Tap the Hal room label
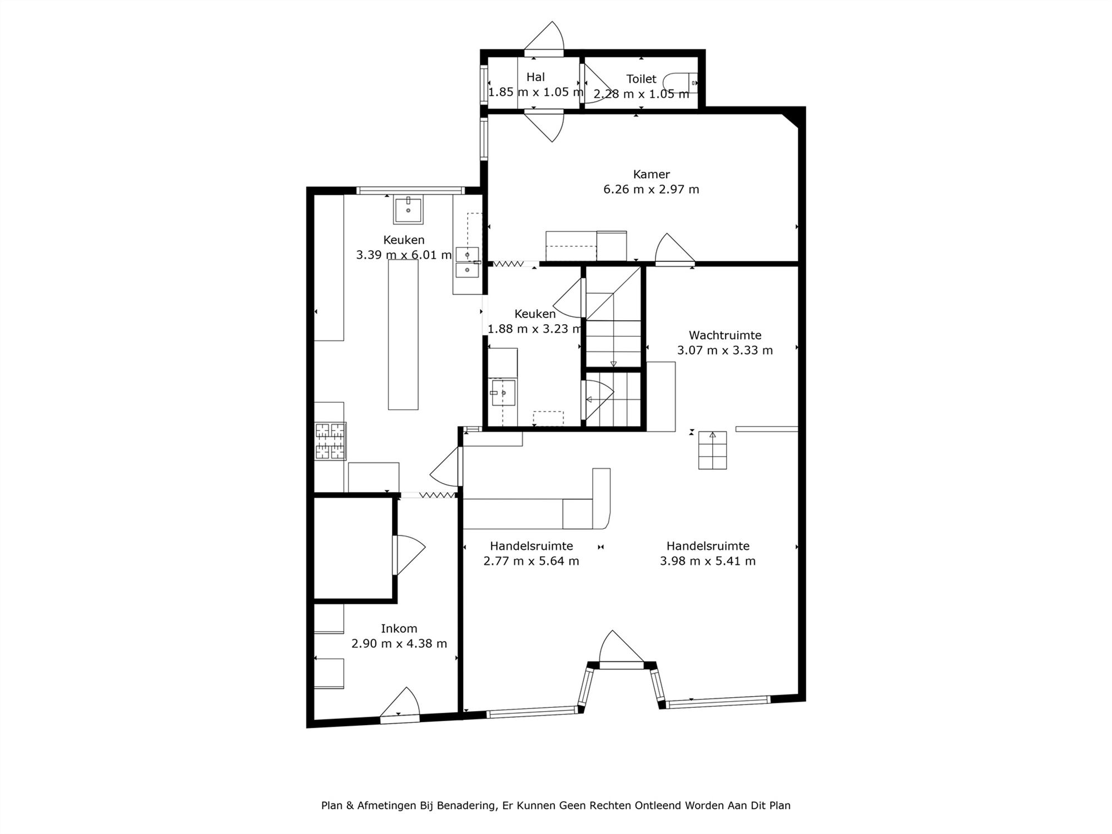tap(535, 77)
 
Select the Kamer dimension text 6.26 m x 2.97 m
tap(651, 189)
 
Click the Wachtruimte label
tap(725, 335)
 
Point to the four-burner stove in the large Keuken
tap(330, 441)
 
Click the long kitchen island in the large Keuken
tap(403, 335)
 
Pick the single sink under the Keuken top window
tap(408, 210)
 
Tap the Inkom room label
tap(399, 628)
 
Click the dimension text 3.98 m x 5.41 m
tap(708, 561)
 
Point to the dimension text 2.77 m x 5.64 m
tap(531, 561)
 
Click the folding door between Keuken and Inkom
tap(428, 495)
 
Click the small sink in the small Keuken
tap(503, 393)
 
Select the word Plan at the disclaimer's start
tap(331, 805)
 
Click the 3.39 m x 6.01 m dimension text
tap(404, 255)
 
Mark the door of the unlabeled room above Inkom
tap(409, 555)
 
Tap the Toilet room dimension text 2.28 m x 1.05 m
tap(641, 94)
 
